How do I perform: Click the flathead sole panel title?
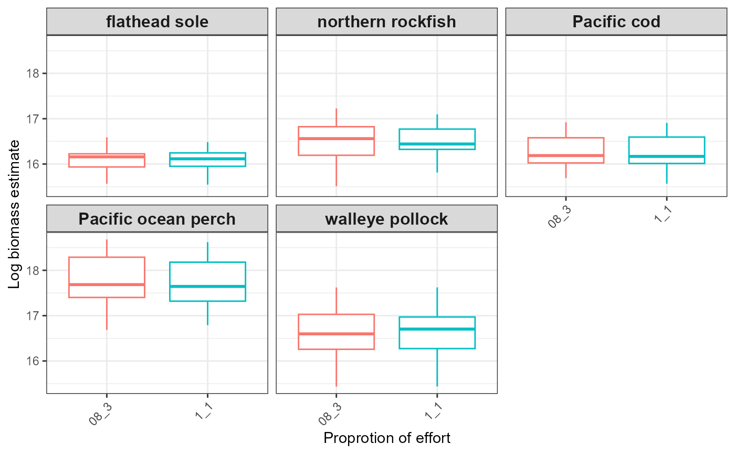click(x=157, y=22)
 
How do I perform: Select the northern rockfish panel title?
click(x=386, y=22)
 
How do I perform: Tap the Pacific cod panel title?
click(x=616, y=22)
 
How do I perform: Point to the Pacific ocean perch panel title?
click(x=157, y=218)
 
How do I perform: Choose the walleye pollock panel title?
click(x=386, y=218)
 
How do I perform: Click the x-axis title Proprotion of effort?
click(x=387, y=438)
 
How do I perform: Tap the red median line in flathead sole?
click(x=107, y=156)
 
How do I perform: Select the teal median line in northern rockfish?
click(x=437, y=144)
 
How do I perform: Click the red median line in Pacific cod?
click(x=566, y=155)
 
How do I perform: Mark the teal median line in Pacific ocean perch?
click(x=207, y=286)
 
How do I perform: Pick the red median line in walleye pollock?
click(x=336, y=334)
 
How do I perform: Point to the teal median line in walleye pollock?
click(x=437, y=329)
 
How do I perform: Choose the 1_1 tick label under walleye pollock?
click(x=432, y=411)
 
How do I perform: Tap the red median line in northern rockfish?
click(x=336, y=139)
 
